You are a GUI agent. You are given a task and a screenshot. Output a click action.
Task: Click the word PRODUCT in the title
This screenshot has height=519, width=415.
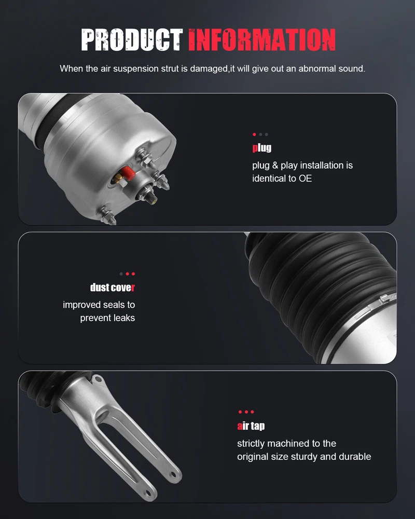point(132,40)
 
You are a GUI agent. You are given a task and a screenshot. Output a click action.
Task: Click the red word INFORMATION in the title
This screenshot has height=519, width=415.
point(262,40)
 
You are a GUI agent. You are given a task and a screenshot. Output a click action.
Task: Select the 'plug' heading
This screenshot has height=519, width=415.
point(262,147)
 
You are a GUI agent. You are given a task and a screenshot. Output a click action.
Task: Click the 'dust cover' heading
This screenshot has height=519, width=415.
point(113,288)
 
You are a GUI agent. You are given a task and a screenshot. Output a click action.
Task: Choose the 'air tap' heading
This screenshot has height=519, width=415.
point(251,426)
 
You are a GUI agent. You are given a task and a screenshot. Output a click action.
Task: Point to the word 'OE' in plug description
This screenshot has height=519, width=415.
point(305,179)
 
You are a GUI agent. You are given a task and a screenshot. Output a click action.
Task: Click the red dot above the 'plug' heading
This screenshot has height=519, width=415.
point(254,134)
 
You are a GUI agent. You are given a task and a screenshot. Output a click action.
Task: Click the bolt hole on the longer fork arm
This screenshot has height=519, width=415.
point(173,475)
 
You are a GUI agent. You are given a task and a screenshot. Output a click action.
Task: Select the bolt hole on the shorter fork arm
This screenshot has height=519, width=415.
point(148,494)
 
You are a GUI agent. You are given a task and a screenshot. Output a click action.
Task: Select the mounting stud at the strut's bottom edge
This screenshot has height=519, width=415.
point(108,215)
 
